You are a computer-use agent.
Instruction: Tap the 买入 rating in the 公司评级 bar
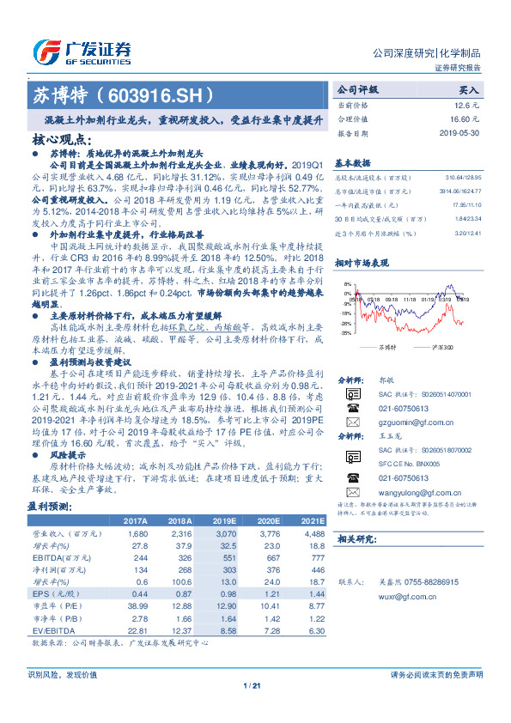tap(469, 88)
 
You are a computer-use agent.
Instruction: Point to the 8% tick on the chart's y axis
tap(344, 283)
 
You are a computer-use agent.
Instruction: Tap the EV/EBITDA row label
tap(51, 631)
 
